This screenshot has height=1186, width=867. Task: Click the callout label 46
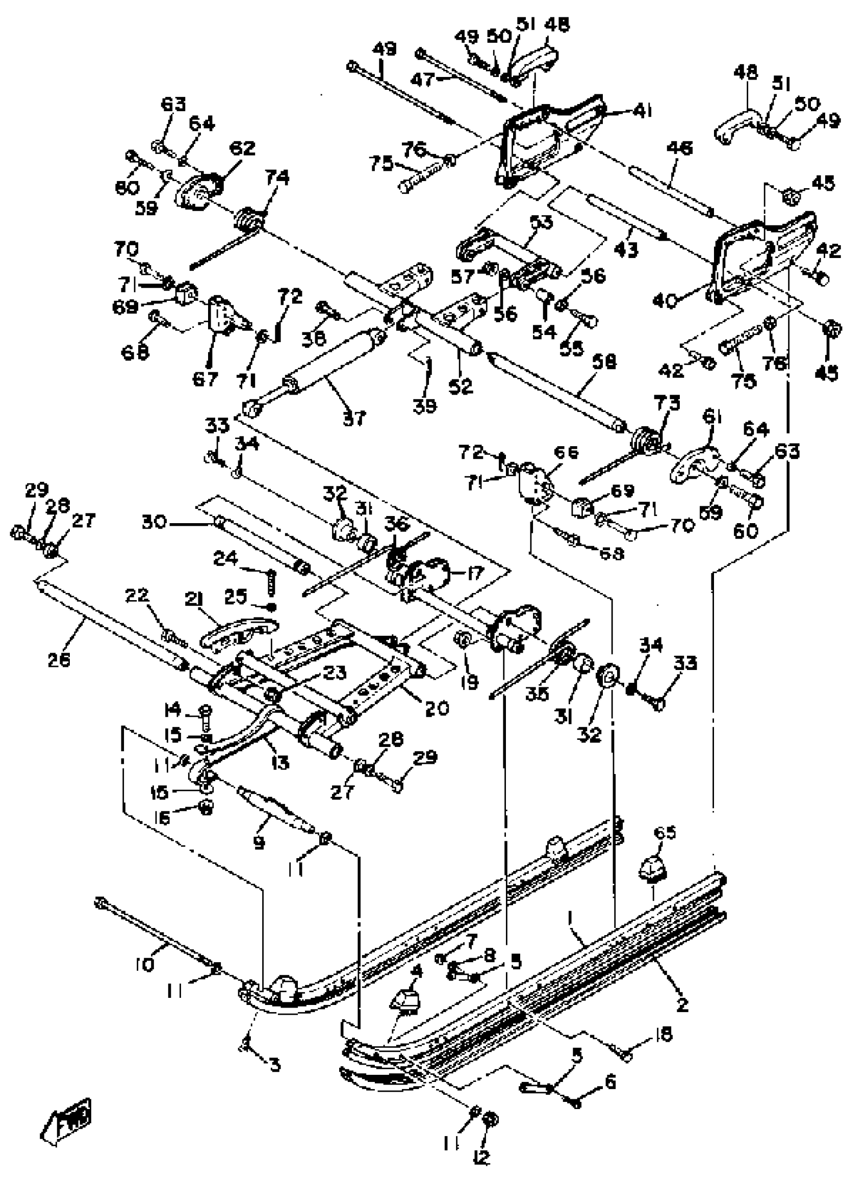(679, 148)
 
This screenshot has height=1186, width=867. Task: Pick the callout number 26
(59, 659)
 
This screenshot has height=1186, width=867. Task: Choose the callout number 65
(665, 833)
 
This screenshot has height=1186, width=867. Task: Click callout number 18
(664, 1034)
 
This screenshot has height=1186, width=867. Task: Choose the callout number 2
(682, 1004)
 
